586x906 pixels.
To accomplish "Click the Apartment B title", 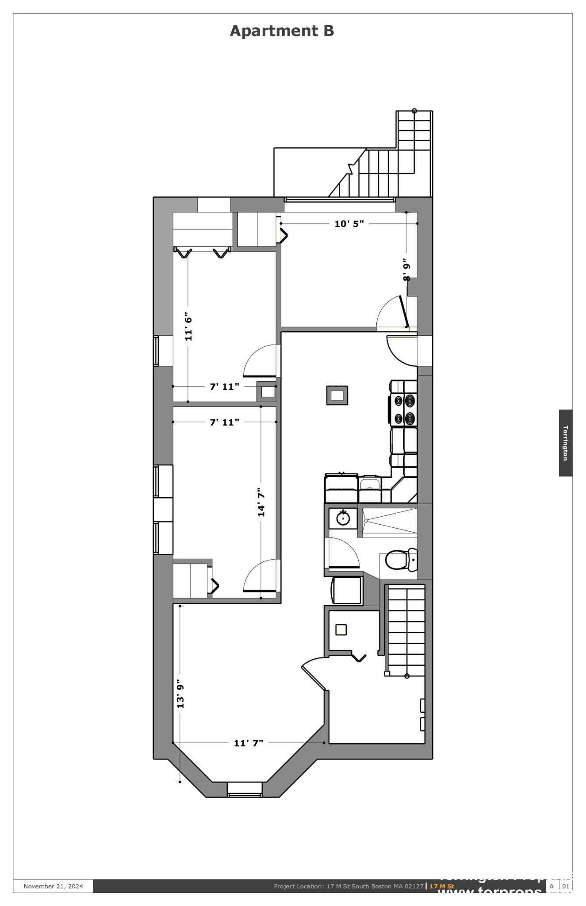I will (x=282, y=31).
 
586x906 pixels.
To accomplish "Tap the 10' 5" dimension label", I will (x=349, y=223).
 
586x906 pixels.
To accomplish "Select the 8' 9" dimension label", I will (x=406, y=270).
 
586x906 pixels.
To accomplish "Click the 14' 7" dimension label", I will (x=261, y=502).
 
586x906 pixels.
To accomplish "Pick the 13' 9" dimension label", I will (x=180, y=694).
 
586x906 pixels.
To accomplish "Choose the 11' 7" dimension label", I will (x=249, y=743).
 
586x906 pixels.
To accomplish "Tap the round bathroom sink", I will (x=343, y=517).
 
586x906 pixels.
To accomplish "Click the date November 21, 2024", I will (x=53, y=886).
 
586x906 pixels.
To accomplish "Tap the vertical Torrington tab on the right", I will (x=565, y=442).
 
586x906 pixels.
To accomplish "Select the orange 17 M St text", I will (x=441, y=886).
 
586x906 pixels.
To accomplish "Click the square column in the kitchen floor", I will (x=337, y=395).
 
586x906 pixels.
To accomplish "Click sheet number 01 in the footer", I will (x=566, y=886).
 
